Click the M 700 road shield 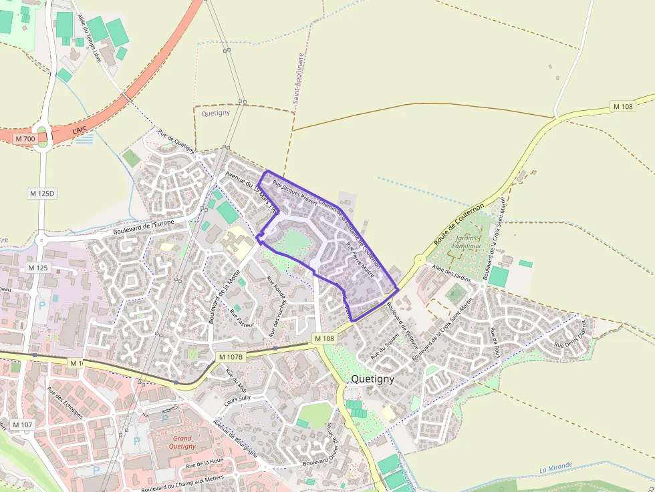(24, 139)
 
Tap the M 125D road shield (42, 193)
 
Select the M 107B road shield (230, 357)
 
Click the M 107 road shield (22, 425)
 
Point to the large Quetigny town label (372, 379)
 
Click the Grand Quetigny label (182, 442)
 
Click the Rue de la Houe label (204, 463)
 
